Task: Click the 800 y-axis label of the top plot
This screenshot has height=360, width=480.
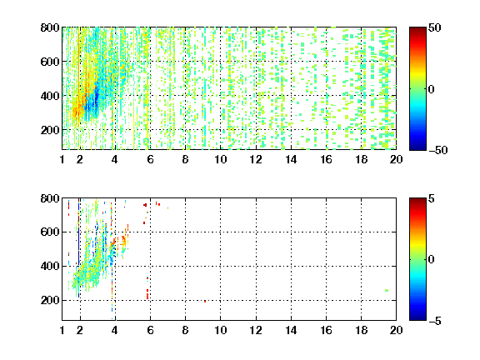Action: click(50, 27)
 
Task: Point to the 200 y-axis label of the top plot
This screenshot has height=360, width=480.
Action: click(50, 130)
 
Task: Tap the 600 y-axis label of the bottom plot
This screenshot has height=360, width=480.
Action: click(50, 232)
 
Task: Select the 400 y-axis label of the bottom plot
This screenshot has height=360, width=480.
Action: click(50, 266)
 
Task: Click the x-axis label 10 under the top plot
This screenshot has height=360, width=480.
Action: click(220, 159)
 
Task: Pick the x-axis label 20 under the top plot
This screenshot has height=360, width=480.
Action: click(396, 159)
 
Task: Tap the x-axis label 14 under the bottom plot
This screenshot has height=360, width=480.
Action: click(291, 330)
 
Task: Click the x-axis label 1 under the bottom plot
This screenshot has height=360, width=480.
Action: click(62, 330)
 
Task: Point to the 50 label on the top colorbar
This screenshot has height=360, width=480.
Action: click(435, 27)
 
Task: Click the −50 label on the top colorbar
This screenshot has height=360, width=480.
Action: click(438, 150)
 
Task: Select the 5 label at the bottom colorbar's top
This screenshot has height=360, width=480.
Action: click(432, 198)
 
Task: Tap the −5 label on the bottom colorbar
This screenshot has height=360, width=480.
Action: click(435, 321)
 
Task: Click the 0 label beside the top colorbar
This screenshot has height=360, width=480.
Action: click(432, 89)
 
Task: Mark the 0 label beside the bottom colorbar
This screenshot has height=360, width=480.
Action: click(432, 260)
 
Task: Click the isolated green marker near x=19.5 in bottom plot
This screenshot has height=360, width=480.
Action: click(387, 290)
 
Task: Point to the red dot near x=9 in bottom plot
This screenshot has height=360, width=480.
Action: click(205, 302)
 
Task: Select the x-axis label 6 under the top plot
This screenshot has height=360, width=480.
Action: click(150, 159)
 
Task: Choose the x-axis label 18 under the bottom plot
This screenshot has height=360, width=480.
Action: click(361, 330)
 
